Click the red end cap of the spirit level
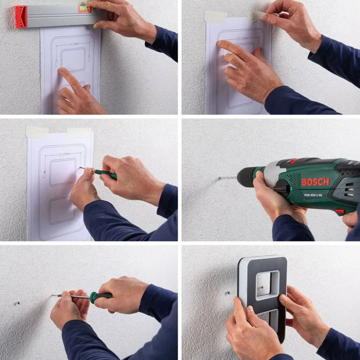[21, 17]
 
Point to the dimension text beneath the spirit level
[74, 44]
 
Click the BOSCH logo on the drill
[315, 182]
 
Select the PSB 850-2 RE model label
[313, 195]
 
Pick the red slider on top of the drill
[294, 161]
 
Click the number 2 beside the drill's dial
[291, 188]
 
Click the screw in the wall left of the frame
[228, 293]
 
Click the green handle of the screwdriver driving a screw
[101, 295]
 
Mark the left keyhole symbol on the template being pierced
[45, 174]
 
